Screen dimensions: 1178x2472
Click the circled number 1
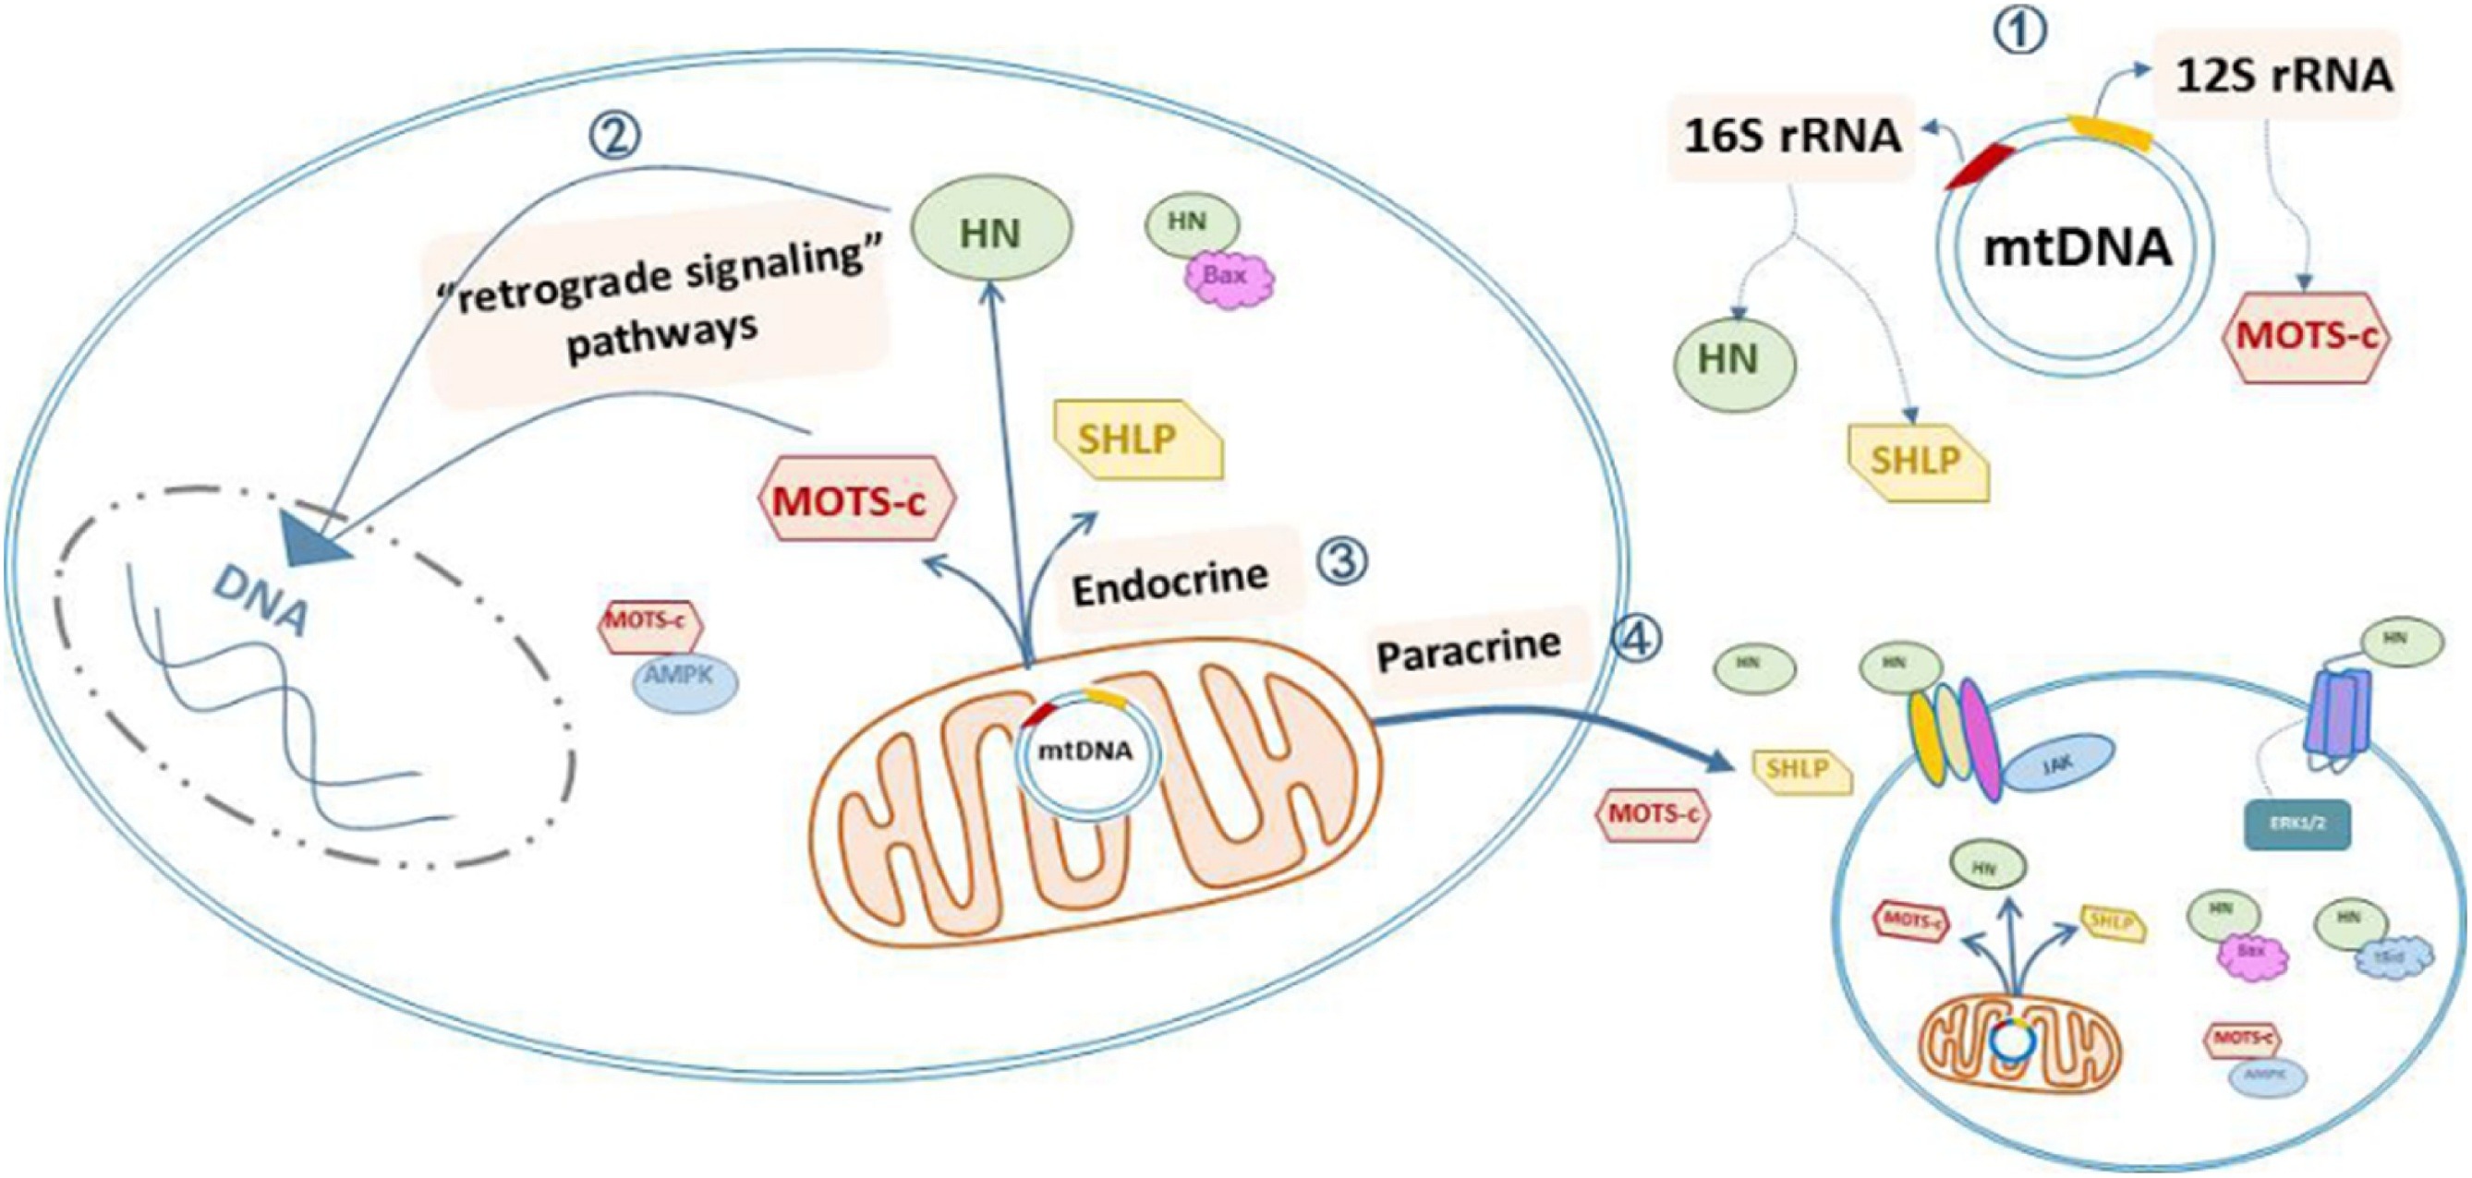2022,30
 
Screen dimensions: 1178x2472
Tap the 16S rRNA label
1793,137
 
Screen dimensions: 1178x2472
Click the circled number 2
614,138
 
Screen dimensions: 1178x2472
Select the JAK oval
2057,763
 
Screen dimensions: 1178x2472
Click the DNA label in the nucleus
261,599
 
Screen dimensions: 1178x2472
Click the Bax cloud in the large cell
1227,278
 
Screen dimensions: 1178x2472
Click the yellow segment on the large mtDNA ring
2109,133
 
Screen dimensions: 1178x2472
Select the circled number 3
1340,559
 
